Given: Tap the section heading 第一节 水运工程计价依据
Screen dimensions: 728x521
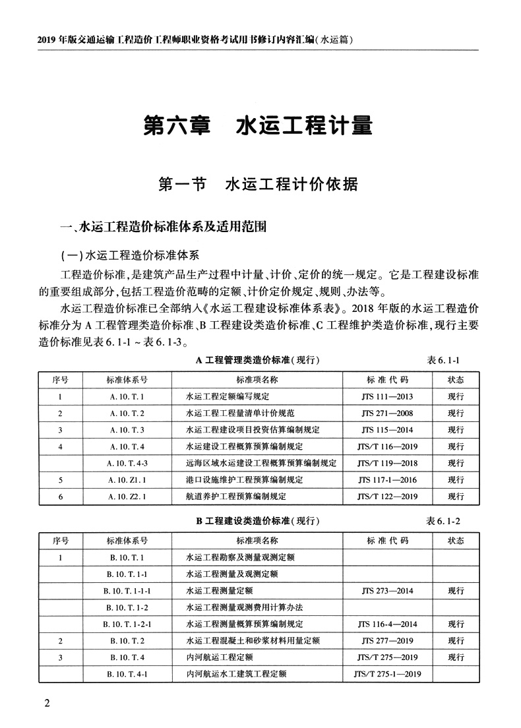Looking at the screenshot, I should pos(259,184).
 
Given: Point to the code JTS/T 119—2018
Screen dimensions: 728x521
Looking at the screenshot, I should pos(387,463).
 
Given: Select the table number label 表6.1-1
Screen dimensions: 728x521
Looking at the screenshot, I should pos(443,360).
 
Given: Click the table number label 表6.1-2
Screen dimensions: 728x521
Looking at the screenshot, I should pos(443,521).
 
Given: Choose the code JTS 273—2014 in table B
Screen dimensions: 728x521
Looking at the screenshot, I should pos(387,590).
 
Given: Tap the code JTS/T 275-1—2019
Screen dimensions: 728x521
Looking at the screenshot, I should pos(387,673).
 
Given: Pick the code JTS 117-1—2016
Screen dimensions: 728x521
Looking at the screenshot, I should pos(387,479).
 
